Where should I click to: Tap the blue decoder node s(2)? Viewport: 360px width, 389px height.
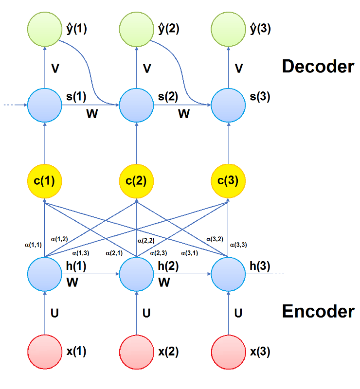136,105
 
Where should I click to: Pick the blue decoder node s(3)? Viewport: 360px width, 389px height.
228,105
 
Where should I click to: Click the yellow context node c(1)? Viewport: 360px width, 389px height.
44,182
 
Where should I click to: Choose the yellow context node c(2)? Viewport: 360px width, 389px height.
136,182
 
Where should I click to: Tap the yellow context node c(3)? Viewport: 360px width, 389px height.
228,182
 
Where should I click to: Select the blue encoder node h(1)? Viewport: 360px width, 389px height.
44,274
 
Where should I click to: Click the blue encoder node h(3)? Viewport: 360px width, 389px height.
228,274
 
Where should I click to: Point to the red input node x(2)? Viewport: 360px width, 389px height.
136,352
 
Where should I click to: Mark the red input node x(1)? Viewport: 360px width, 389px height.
44,352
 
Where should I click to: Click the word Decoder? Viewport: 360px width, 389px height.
318,66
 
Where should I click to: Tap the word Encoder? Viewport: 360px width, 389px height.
318,311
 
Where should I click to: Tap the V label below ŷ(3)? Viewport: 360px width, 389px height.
238,69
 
